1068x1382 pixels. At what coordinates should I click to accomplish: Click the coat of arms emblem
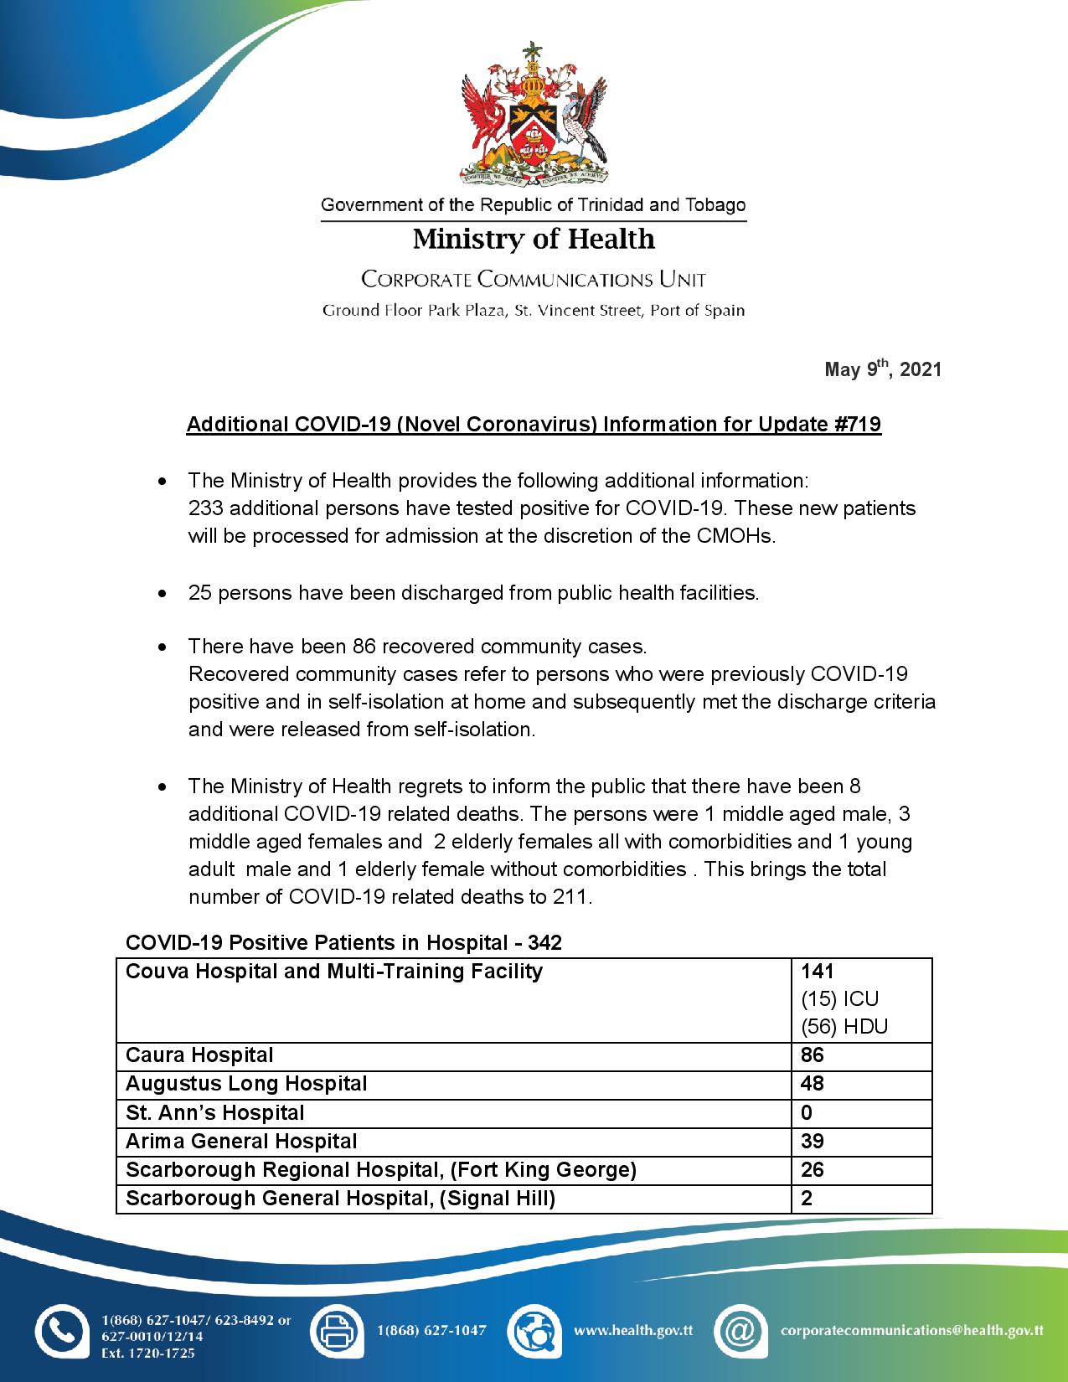coord(534,114)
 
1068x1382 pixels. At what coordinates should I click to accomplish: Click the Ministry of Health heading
coord(534,240)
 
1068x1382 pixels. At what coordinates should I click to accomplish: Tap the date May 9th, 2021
coord(883,369)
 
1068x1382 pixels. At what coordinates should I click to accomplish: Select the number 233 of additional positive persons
coord(205,508)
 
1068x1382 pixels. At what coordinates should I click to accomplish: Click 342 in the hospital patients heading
coord(544,943)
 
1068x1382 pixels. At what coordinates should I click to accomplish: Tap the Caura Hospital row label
coord(199,1055)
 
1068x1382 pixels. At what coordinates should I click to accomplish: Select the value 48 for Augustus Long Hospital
coord(813,1084)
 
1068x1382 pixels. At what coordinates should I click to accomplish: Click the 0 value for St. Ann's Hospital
coord(807,1113)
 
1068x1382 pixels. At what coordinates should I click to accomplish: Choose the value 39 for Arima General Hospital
coord(813,1142)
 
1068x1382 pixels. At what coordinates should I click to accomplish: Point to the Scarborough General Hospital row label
coord(340,1199)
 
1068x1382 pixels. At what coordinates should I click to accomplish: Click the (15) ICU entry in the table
coord(840,999)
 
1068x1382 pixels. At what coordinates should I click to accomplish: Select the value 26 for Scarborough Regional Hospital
coord(813,1170)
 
